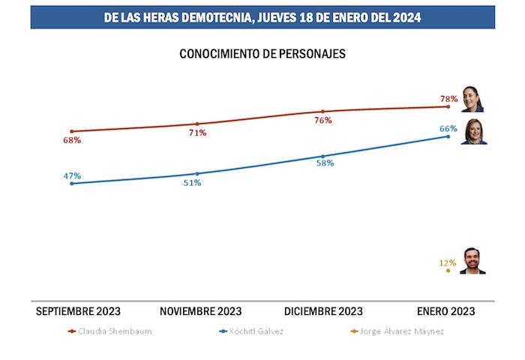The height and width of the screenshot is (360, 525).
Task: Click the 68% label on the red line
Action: [72, 140]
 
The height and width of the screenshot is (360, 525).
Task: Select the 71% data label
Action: [197, 133]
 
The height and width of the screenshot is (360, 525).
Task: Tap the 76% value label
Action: [323, 120]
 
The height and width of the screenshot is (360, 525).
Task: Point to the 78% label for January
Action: [448, 99]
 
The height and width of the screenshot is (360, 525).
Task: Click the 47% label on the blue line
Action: [72, 176]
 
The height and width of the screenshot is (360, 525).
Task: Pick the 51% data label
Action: [192, 183]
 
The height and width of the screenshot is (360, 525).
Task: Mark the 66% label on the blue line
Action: [448, 128]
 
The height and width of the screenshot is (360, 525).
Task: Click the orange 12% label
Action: [448, 262]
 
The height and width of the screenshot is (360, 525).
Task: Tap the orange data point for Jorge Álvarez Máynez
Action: [448, 271]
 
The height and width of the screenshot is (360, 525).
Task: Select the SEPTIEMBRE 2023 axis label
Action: [78, 310]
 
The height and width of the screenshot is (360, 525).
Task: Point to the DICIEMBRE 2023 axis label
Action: [324, 310]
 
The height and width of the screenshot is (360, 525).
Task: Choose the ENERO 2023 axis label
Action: [445, 310]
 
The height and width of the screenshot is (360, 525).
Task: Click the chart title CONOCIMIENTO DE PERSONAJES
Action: [262, 55]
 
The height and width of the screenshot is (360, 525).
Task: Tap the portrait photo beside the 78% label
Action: [472, 98]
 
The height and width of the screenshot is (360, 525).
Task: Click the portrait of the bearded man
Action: [472, 261]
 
